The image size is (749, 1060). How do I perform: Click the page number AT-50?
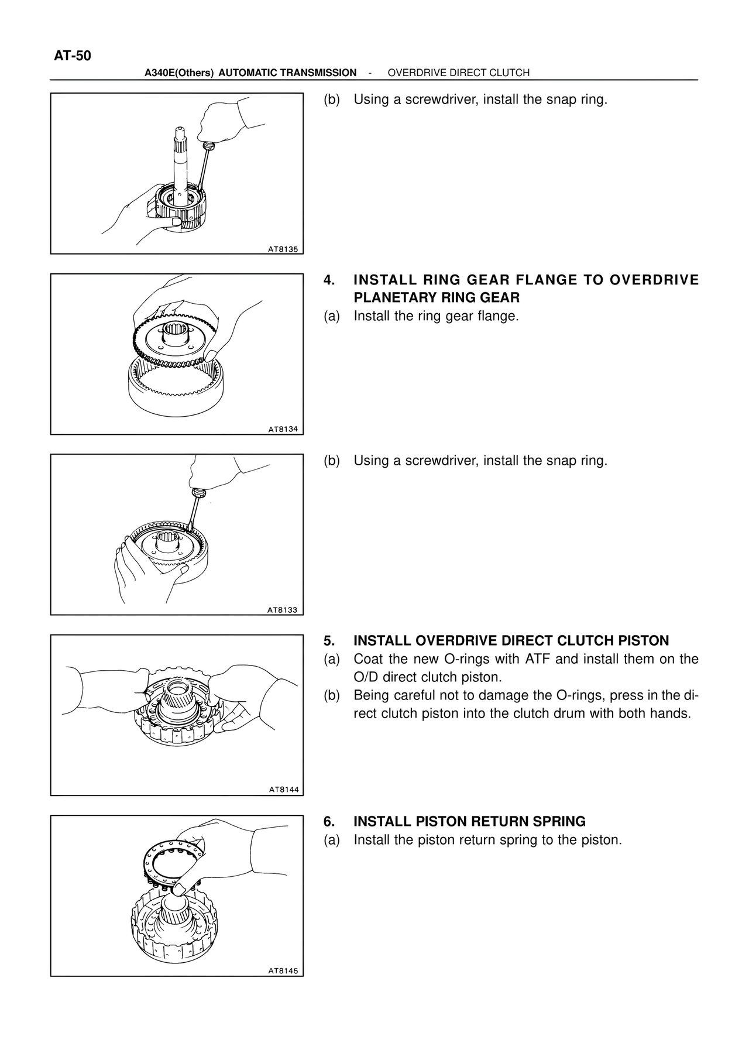coord(73,56)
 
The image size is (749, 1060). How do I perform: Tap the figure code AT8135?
coord(283,249)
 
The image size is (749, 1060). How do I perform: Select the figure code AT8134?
coord(283,429)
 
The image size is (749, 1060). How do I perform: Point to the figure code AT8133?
coord(283,609)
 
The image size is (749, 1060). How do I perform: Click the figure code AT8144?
coord(284,790)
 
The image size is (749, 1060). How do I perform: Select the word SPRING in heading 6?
coord(563,822)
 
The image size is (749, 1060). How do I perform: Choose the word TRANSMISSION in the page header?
coord(317,73)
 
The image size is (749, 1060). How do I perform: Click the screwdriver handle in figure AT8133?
coord(199,490)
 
